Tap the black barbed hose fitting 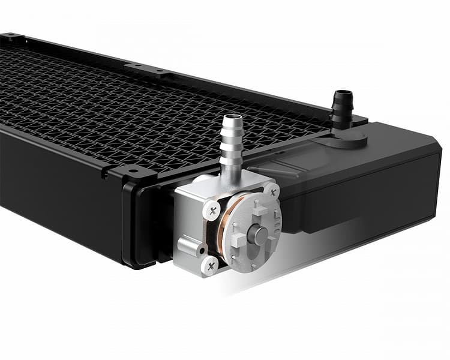point(340,107)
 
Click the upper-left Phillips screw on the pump point(212,210)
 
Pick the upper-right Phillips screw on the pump point(274,191)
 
